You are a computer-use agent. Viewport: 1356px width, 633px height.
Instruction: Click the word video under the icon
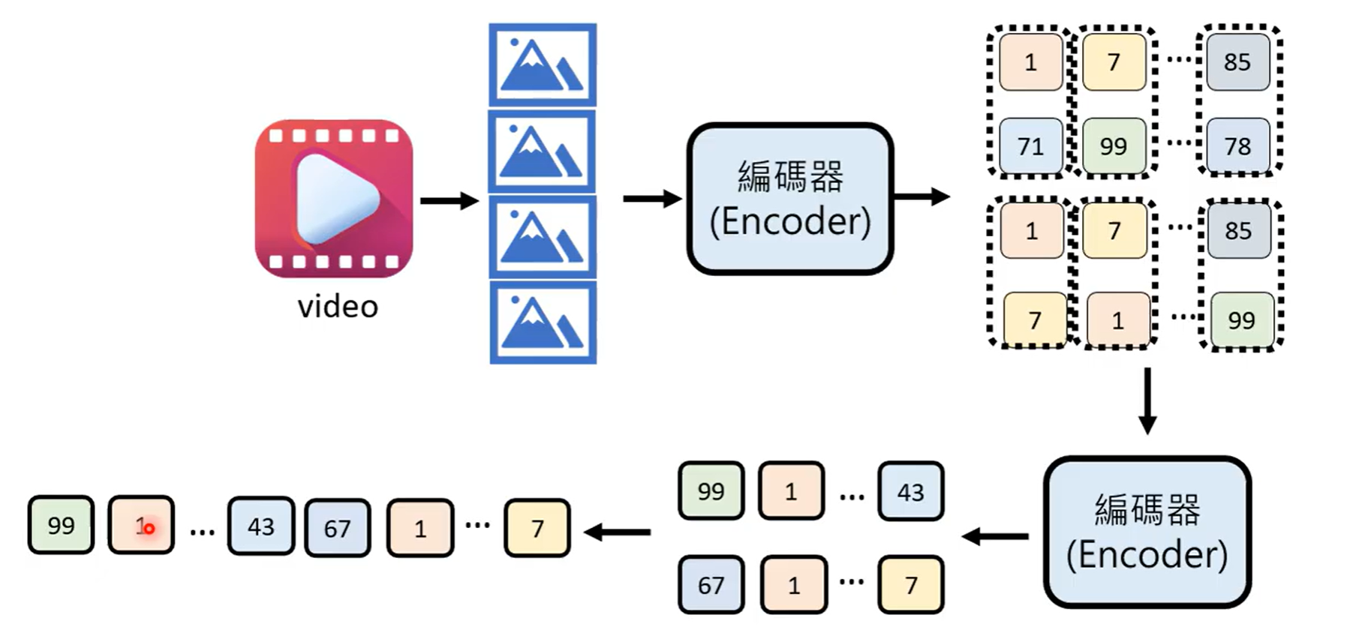tap(338, 307)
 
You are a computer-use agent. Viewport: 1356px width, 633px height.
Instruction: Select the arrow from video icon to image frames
tap(449, 200)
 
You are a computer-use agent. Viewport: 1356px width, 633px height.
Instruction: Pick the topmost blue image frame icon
tap(543, 65)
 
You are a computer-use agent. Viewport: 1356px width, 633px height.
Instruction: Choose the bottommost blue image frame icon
tap(543, 322)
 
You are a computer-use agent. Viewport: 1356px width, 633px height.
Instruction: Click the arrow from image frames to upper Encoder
tap(651, 199)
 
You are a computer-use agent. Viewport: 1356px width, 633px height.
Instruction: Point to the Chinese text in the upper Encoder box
tap(790, 177)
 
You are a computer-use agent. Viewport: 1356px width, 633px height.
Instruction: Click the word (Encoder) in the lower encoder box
tap(1147, 555)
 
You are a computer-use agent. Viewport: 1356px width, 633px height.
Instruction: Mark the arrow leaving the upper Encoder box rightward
tap(922, 197)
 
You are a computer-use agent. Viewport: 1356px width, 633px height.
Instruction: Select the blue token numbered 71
tap(1030, 145)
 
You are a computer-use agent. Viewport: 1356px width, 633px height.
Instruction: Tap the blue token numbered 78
tap(1237, 145)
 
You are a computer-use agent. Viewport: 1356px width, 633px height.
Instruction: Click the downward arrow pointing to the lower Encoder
tap(1147, 400)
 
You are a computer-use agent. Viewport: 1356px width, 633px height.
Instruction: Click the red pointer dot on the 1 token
tap(149, 529)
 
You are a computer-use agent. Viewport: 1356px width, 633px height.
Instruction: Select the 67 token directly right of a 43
tap(337, 528)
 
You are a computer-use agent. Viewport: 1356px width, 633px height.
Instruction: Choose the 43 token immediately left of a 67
tap(260, 526)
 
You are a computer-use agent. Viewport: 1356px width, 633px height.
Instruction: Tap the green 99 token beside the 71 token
tap(1114, 145)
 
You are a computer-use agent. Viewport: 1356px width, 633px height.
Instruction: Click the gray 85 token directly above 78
tap(1237, 61)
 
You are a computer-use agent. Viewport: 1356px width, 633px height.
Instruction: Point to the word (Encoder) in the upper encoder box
tap(790, 221)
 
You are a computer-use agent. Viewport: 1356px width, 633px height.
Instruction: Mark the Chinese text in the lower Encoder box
tap(1147, 510)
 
